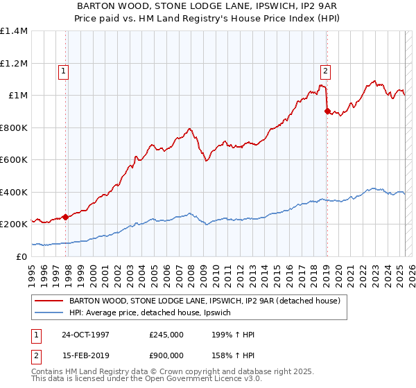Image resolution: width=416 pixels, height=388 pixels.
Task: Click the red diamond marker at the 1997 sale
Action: coord(66,217)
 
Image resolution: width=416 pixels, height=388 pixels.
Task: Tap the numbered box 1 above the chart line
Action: coord(63,69)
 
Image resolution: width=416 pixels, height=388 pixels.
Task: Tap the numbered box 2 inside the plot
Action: coord(324,69)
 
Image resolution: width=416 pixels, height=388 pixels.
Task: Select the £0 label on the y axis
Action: coord(22,256)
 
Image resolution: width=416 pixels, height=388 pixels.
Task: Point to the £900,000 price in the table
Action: coord(166,355)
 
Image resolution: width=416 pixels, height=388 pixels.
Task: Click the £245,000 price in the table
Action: coord(166,335)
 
